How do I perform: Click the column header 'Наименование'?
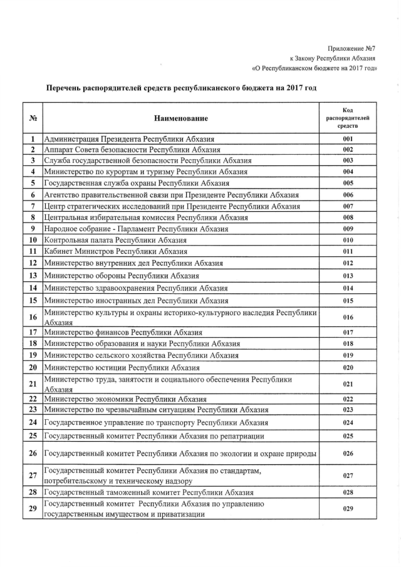181,118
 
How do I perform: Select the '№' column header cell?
31,118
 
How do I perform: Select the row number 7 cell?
31,206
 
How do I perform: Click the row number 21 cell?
31,384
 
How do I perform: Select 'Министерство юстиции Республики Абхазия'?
123,367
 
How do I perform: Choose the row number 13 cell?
31,276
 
